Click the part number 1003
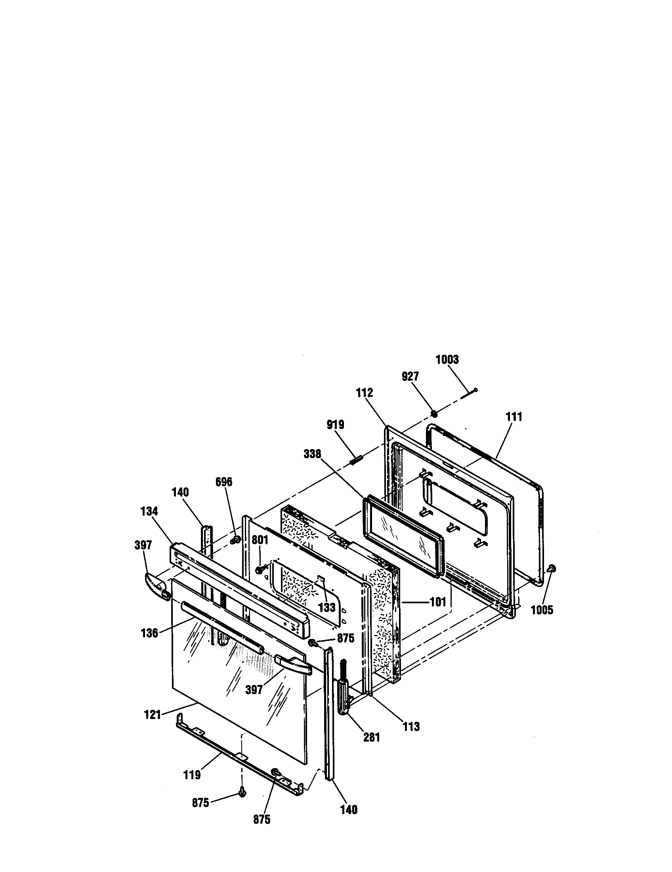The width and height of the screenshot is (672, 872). coord(447,360)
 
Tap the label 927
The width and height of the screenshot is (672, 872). coord(410,377)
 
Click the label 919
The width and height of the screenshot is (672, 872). coord(335,425)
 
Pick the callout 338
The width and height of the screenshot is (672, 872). coord(313,453)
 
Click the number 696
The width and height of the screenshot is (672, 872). coord(223,482)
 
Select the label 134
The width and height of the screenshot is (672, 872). coord(149,511)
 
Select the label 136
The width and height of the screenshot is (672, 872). coord(149,633)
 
